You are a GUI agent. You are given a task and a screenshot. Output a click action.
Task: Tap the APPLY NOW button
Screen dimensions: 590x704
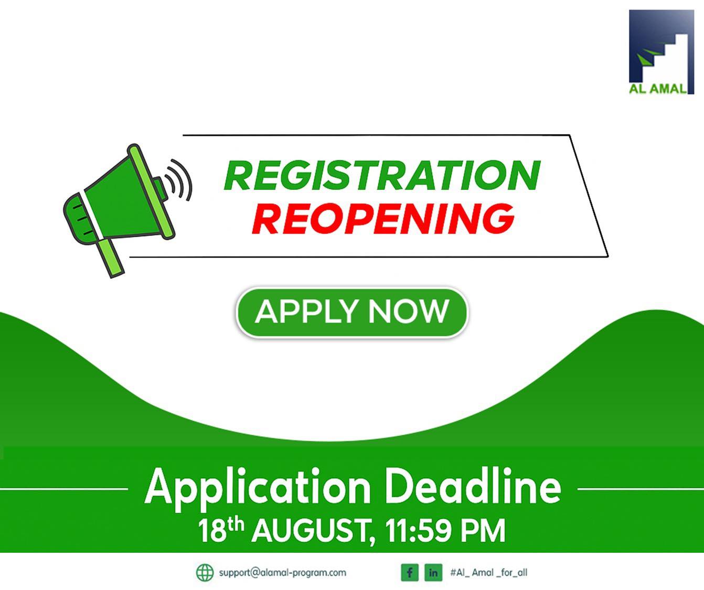coord(351,312)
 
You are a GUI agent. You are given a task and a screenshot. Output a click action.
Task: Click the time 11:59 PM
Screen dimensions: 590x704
coord(445,531)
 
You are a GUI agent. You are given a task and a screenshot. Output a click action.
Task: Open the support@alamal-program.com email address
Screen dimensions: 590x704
coord(282,573)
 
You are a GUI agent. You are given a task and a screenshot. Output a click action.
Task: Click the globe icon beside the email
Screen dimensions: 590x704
coord(205,573)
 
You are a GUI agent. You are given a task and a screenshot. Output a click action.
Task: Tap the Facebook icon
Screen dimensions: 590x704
coord(409,573)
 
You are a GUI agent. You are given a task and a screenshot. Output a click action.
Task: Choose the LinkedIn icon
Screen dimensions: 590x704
coord(433,573)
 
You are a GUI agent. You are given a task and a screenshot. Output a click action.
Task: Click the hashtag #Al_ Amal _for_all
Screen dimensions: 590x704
coord(488,573)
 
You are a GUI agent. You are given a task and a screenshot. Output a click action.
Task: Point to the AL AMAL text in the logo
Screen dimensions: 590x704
coord(658,88)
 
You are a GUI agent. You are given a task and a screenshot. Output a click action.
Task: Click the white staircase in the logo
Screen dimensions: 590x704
coord(671,52)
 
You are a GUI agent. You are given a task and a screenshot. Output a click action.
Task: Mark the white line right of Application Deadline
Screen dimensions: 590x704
coord(640,489)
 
